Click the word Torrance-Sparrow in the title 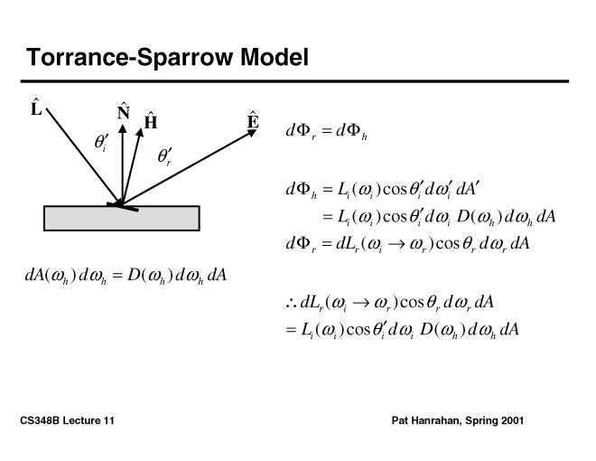point(130,58)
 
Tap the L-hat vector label point(36,109)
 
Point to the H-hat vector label point(151,121)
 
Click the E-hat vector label point(254,120)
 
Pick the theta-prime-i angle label point(101,143)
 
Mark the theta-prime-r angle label point(164,157)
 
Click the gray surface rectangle point(121,218)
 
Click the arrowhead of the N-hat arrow point(122,127)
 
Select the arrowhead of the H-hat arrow point(141,132)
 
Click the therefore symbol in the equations point(290,302)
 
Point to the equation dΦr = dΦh point(326,132)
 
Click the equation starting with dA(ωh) point(126,275)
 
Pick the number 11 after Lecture point(108,421)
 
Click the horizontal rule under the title point(297,81)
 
